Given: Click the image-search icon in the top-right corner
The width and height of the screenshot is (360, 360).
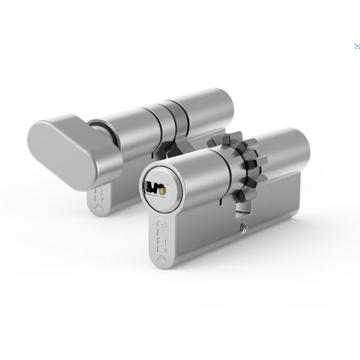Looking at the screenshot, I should click(x=356, y=46).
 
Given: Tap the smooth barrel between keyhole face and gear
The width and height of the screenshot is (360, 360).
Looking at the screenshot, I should click(x=198, y=170).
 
